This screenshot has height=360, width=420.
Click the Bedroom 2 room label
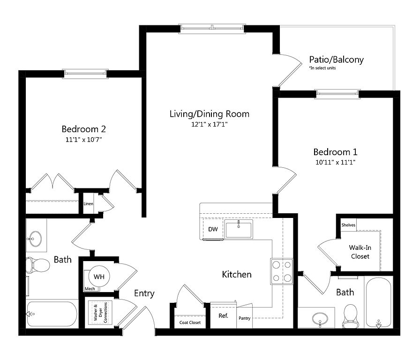click(83, 129)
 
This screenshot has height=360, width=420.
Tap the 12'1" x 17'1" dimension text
click(209, 124)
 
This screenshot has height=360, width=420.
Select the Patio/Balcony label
click(337, 60)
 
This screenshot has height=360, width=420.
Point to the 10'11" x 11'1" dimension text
click(335, 162)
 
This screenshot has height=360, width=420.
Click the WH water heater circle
click(99, 277)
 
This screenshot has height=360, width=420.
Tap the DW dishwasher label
click(213, 229)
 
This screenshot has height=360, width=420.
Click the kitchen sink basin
click(239, 229)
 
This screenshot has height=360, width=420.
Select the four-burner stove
click(282, 271)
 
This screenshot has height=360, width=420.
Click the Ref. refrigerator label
click(224, 316)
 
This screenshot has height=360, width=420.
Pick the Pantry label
click(245, 318)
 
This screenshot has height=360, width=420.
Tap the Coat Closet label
click(190, 322)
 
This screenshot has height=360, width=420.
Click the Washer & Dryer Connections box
click(100, 312)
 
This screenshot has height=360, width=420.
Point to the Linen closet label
click(89, 203)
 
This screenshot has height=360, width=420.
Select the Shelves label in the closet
click(348, 225)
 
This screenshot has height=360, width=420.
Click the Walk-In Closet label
click(360, 252)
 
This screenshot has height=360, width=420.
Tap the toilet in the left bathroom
click(38, 265)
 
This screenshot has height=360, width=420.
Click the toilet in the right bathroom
click(350, 316)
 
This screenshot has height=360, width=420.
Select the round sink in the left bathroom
click(35, 239)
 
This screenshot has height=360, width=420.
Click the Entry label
click(144, 293)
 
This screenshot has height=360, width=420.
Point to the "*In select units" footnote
click(322, 68)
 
